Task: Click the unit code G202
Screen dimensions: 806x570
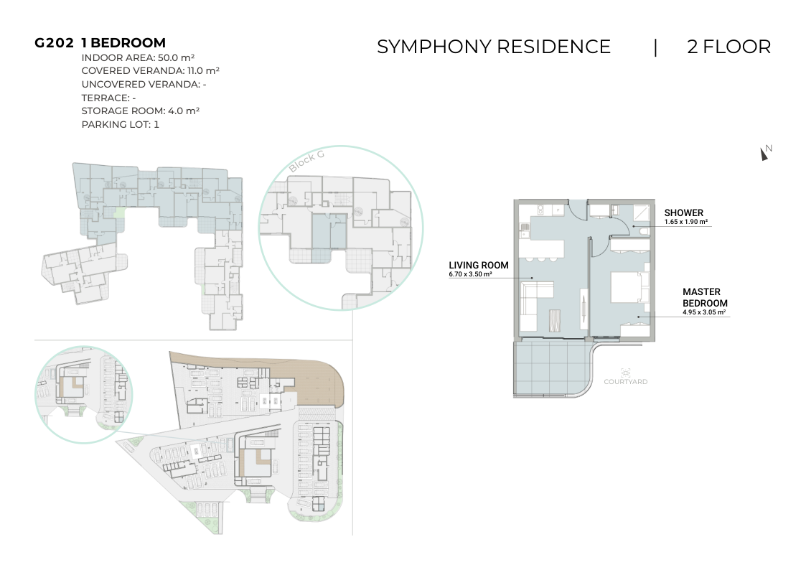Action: click(54, 43)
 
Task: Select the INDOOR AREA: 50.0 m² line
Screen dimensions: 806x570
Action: click(138, 57)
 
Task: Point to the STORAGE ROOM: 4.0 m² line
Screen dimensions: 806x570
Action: click(141, 111)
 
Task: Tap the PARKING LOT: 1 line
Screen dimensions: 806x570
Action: click(121, 124)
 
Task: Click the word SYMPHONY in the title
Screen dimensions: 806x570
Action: click(434, 47)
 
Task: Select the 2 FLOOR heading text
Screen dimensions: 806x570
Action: click(729, 47)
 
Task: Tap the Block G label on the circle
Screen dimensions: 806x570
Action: click(306, 162)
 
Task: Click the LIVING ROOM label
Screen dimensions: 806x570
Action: click(479, 265)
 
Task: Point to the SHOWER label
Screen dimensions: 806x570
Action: click(684, 212)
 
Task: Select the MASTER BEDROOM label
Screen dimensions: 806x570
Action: click(705, 298)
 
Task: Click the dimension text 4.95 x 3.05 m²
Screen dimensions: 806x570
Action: click(704, 312)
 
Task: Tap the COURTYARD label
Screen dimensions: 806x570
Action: click(626, 381)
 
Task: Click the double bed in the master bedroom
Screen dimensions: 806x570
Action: click(627, 287)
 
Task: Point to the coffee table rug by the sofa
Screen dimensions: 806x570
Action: click(555, 320)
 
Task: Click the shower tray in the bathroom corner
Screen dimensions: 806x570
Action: click(641, 212)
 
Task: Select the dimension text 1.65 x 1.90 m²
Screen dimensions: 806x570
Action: click(685, 222)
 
